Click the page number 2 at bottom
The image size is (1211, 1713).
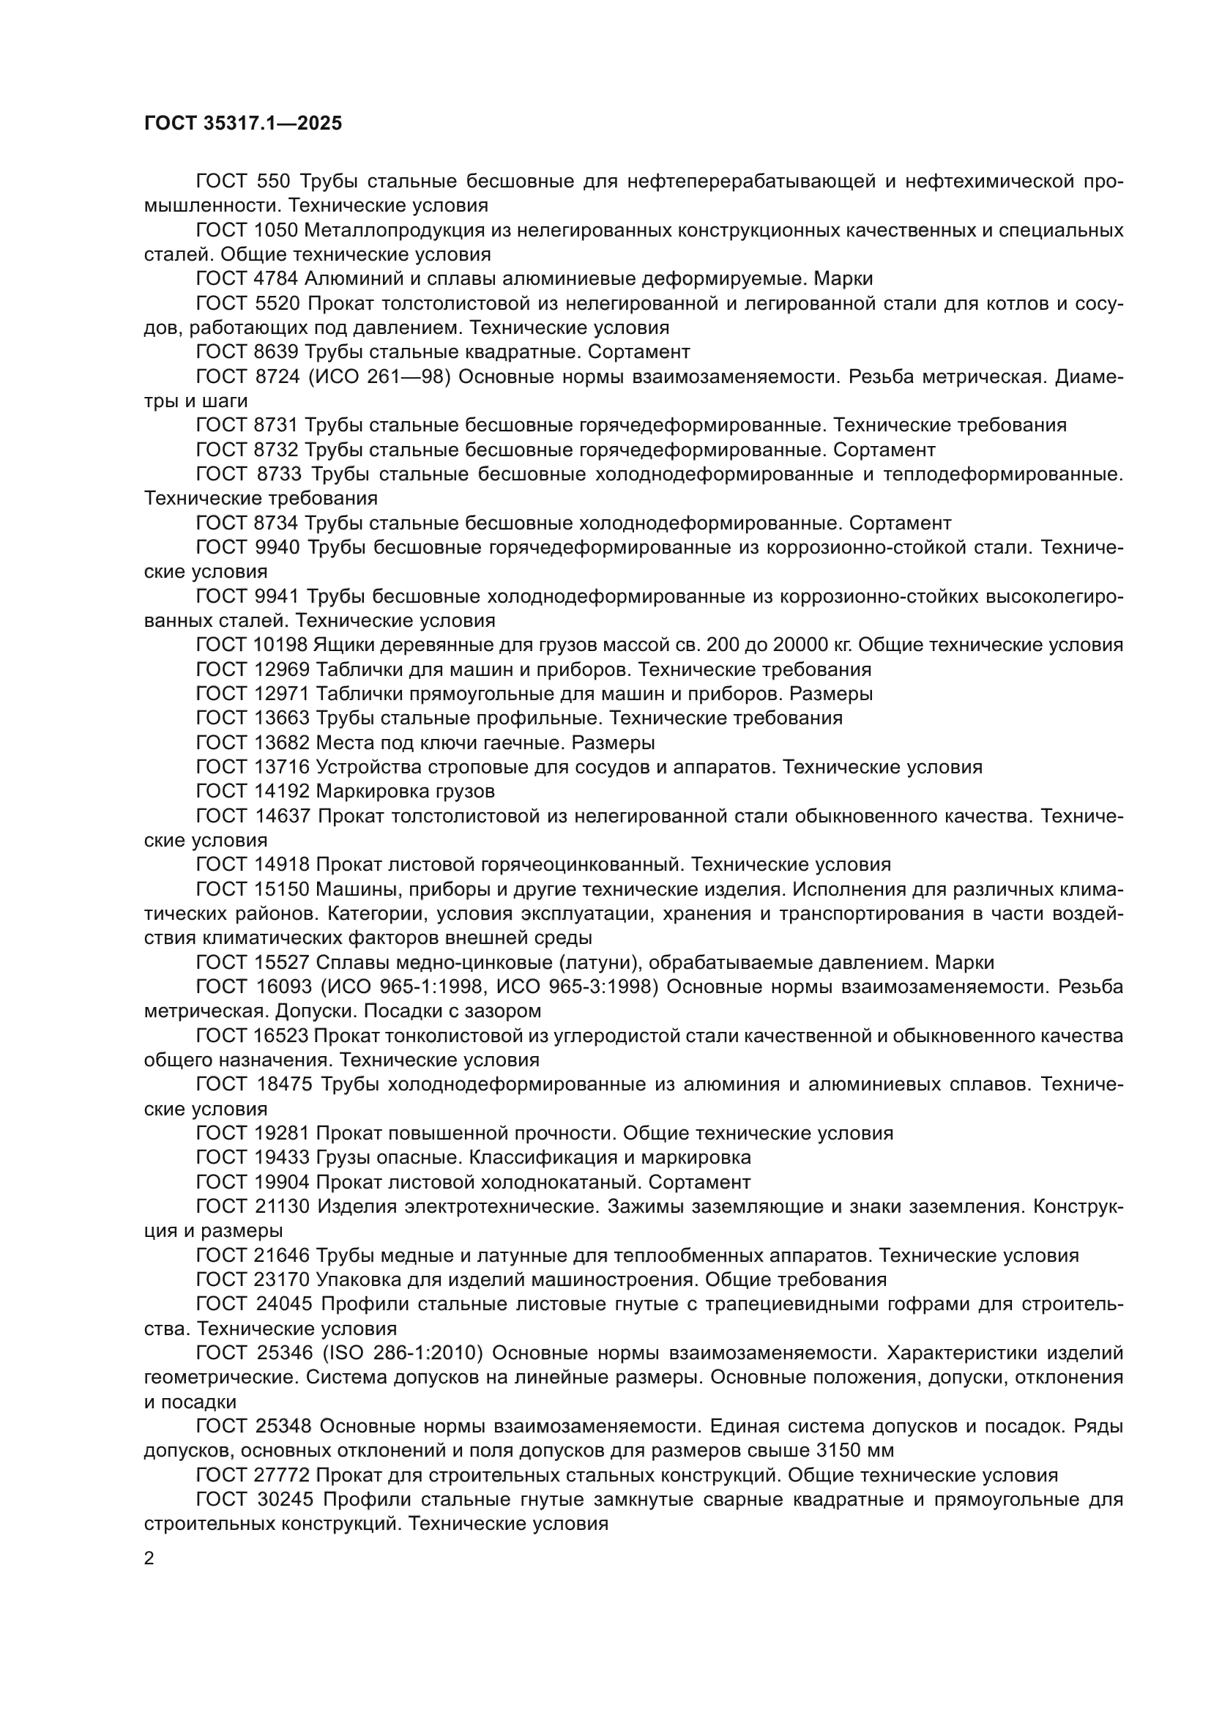coord(149,1558)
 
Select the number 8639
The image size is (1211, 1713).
coord(277,352)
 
